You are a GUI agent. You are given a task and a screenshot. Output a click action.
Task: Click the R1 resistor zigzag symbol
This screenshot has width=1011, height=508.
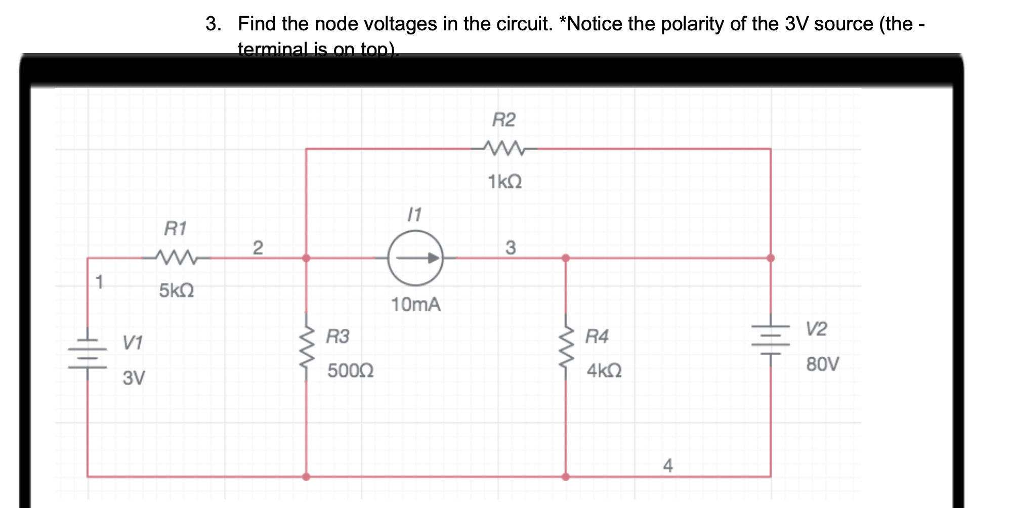176,258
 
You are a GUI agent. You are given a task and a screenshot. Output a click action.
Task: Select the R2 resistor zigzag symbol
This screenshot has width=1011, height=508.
504,148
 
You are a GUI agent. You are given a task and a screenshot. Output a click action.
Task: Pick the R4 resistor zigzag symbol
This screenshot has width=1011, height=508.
566,346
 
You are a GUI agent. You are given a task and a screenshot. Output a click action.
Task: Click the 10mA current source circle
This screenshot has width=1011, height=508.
415,258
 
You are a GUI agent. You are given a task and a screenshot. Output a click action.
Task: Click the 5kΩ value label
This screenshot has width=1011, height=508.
176,290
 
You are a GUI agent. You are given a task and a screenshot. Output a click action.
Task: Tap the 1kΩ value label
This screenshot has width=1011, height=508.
504,182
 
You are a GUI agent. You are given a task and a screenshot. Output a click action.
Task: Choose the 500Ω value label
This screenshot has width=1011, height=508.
350,371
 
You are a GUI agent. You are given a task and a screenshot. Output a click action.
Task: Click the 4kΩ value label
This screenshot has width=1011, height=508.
604,371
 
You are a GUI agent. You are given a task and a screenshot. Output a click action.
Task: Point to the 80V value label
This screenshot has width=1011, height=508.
822,364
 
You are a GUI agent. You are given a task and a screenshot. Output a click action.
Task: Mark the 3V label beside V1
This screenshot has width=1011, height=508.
134,377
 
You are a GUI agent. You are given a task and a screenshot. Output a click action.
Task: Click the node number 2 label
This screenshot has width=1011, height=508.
258,248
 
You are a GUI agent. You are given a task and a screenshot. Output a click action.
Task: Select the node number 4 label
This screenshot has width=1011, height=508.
668,465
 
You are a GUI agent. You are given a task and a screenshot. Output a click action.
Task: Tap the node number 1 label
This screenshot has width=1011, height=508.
100,282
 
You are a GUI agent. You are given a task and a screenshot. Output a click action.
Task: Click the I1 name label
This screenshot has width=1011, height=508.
414,215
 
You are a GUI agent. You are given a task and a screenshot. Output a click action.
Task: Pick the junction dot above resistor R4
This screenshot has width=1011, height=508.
566,258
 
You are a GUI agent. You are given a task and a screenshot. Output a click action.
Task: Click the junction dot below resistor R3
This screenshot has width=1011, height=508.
306,477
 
